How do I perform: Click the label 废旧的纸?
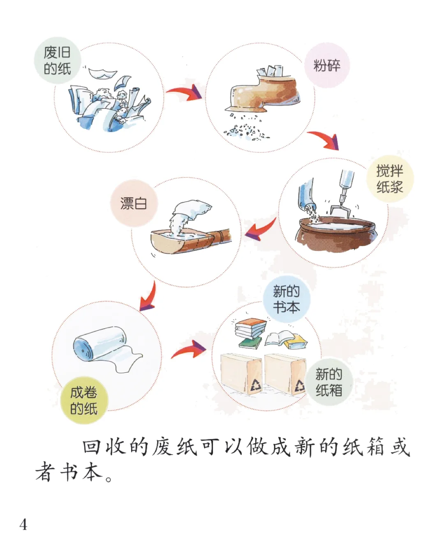pos(57,60)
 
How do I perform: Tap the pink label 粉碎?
pos(327,65)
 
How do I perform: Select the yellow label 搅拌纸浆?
pos(389,179)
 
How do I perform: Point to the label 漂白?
pos(134,203)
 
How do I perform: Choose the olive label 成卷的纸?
pos(83,400)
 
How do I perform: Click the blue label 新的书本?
pos(286,299)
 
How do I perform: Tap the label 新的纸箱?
pos(328,382)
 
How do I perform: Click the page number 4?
pos(23,525)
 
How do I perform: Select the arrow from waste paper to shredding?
pos(185,93)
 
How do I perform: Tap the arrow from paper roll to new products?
pos(190,350)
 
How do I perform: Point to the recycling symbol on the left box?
pos(256,385)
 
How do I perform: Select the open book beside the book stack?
pos(279,339)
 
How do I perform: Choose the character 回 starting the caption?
pos(91,447)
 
